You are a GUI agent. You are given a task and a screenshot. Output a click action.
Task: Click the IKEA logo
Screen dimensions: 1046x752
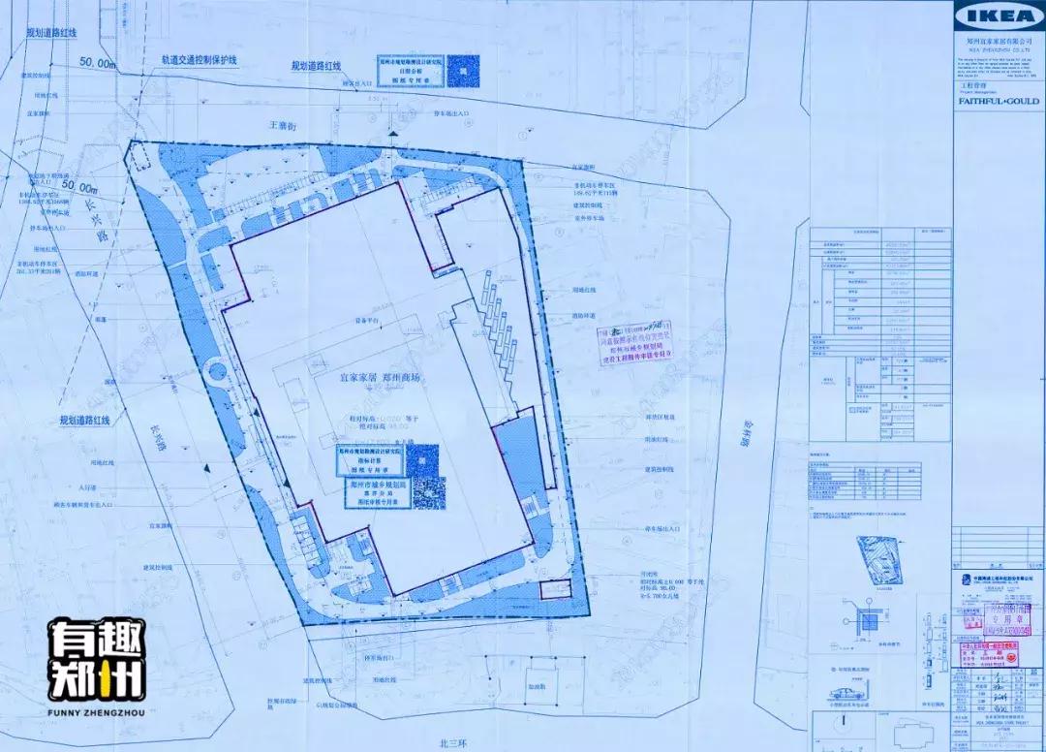click(x=999, y=16)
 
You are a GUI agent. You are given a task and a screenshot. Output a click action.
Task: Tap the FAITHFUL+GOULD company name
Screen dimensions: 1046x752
click(x=999, y=101)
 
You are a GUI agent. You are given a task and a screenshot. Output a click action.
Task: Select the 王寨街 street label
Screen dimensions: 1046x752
click(x=280, y=126)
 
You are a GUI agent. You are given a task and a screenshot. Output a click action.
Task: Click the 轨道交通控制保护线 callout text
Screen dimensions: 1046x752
click(x=200, y=59)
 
